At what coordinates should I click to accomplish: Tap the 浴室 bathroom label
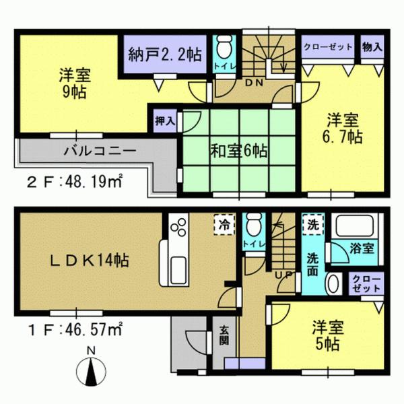coord(361,248)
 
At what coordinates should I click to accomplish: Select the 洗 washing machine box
coord(313,222)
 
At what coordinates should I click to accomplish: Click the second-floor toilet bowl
coord(222,49)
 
